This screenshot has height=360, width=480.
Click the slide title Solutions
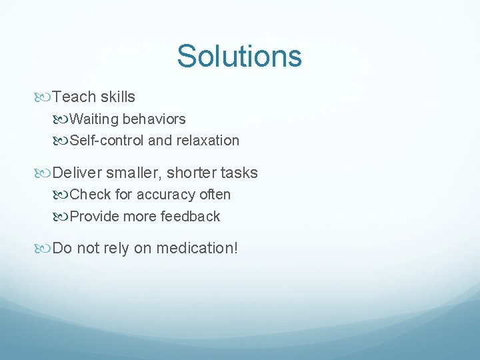pyautogui.click(x=239, y=56)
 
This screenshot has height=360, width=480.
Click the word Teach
pyautogui.click(x=75, y=97)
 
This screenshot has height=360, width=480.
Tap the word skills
pyautogui.click(x=118, y=97)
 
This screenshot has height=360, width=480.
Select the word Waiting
pyautogui.click(x=94, y=119)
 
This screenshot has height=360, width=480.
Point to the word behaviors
pyautogui.click(x=154, y=119)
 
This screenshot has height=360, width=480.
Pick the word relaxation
pyautogui.click(x=207, y=141)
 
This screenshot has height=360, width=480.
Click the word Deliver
pyautogui.click(x=77, y=173)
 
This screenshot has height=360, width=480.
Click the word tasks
pyautogui.click(x=241, y=173)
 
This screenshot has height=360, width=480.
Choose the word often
pyautogui.click(x=215, y=195)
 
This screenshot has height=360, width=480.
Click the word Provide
pyautogui.click(x=94, y=217)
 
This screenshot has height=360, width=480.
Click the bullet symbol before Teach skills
pyautogui.click(x=45, y=97)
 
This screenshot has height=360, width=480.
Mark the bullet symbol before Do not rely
pyautogui.click(x=45, y=249)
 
